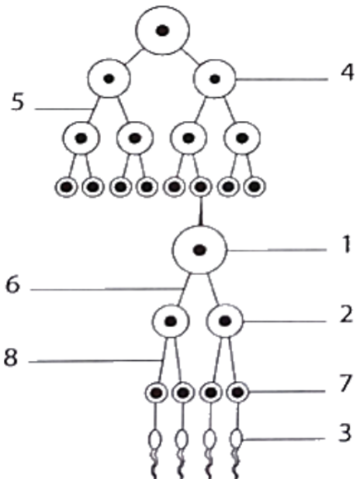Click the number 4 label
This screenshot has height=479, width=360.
click(347, 73)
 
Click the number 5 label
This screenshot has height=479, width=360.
click(17, 102)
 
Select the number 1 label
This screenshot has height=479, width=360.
click(346, 245)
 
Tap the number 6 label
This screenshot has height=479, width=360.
click(13, 284)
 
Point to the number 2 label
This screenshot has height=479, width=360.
click(347, 315)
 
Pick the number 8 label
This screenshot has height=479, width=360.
click(11, 357)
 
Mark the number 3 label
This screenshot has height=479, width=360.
click(345, 433)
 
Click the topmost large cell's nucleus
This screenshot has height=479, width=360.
click(162, 30)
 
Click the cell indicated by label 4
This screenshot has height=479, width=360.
click(215, 79)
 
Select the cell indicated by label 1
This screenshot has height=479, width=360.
click(199, 250)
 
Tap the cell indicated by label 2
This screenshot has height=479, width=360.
click(225, 321)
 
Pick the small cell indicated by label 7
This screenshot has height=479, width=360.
click(237, 392)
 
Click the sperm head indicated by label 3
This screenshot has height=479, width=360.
click(236, 439)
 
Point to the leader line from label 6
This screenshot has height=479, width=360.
click(107, 289)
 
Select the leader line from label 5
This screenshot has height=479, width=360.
click(64, 109)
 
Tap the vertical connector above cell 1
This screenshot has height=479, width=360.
click(200, 212)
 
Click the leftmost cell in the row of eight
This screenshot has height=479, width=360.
click(66, 187)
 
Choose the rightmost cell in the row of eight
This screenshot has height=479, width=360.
click(254, 186)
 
